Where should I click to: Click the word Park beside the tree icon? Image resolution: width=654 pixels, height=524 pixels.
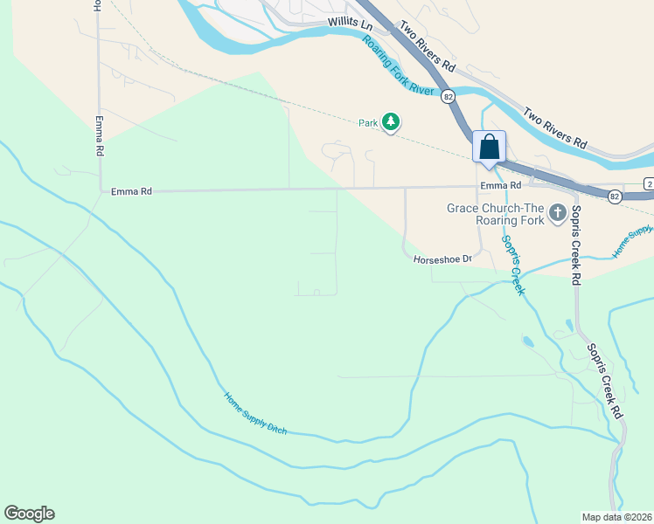pyautogui.click(x=368, y=123)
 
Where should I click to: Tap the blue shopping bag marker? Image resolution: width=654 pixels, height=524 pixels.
pyautogui.click(x=489, y=147)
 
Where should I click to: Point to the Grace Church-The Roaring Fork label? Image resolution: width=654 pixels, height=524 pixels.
pyautogui.click(x=495, y=214)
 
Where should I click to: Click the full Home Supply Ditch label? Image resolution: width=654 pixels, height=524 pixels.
pyautogui.click(x=255, y=413)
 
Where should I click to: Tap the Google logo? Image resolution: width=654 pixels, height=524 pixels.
pyautogui.click(x=29, y=514)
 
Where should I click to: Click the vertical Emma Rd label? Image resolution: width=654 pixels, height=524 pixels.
pyautogui.click(x=101, y=136)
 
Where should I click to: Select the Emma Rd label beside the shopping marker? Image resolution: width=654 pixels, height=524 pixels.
pyautogui.click(x=501, y=185)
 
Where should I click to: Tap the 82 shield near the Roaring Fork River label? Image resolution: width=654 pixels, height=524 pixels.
pyautogui.click(x=448, y=96)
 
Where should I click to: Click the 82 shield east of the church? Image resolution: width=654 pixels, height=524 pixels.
pyautogui.click(x=615, y=197)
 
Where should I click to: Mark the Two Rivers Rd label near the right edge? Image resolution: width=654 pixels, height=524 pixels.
pyautogui.click(x=554, y=128)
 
